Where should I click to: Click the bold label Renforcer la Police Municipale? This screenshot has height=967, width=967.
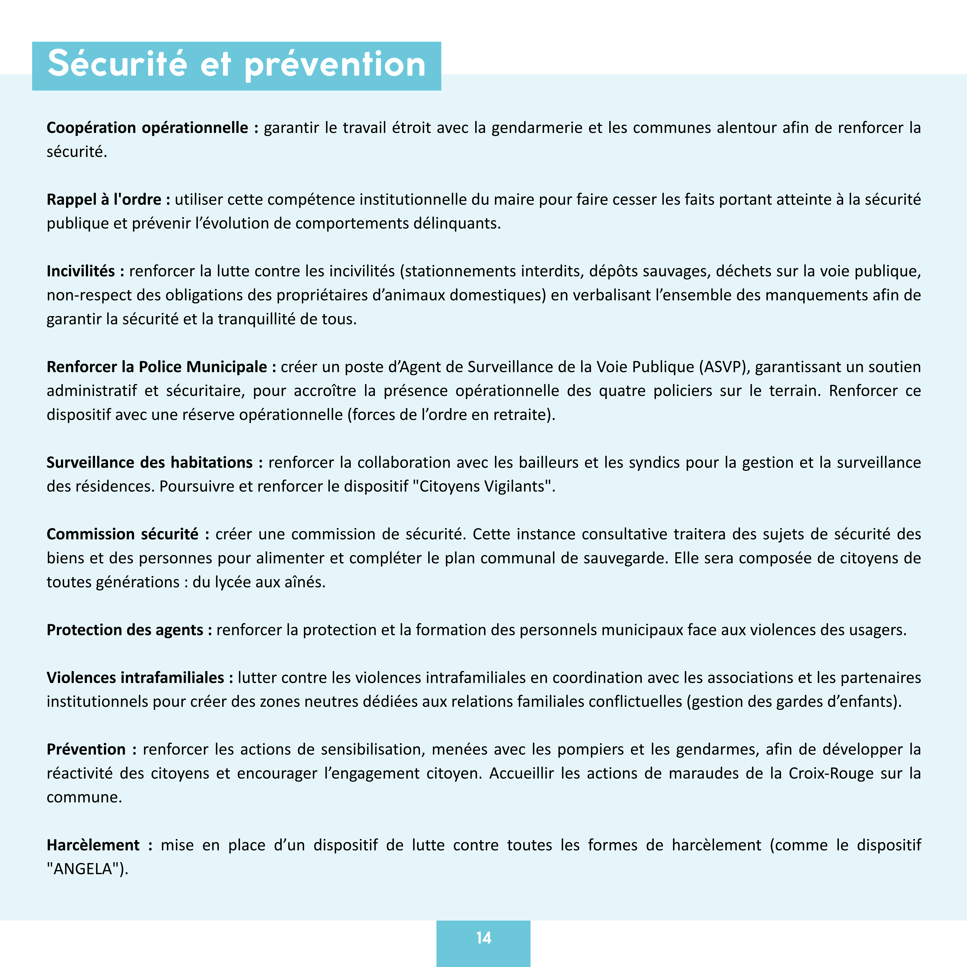157,367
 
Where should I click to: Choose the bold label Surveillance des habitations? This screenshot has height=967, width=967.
150,462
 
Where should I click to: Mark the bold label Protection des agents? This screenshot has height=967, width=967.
125,630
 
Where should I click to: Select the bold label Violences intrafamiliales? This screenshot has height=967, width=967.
135,678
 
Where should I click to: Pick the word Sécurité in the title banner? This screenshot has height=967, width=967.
117,65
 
